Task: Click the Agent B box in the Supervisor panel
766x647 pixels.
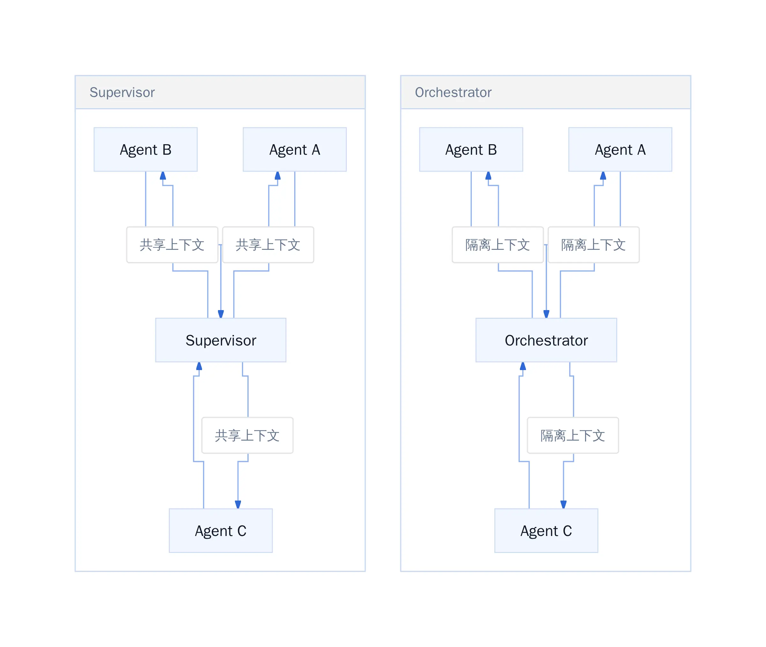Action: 145,149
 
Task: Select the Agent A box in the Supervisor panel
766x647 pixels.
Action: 295,149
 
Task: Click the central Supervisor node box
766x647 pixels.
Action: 221,340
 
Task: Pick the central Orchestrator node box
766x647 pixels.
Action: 546,340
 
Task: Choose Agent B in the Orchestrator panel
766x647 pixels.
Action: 471,149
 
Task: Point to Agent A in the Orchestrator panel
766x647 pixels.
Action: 620,149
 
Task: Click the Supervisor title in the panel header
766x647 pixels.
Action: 122,93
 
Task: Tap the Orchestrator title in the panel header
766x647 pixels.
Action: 453,93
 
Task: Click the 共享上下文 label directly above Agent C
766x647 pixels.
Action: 247,435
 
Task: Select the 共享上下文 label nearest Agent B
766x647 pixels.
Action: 172,245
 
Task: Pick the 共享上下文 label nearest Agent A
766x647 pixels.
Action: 268,245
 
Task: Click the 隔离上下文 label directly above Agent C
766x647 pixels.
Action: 573,435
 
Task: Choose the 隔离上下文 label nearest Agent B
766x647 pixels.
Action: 498,245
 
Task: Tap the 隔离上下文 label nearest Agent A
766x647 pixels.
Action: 593,245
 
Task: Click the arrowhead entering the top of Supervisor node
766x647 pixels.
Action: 221,314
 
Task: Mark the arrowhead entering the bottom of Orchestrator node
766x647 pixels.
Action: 523,366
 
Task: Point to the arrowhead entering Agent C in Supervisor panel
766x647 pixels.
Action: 238,505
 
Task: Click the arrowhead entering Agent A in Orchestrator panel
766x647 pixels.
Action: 603,175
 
